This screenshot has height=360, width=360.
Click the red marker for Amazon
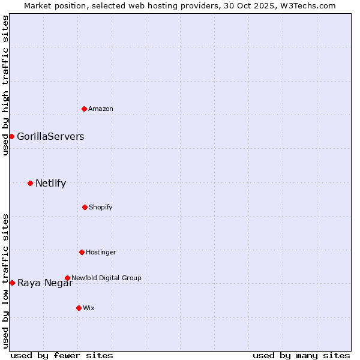84,109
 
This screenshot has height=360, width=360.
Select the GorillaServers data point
11,136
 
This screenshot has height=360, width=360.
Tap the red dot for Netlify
30,183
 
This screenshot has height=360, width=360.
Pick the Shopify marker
85,207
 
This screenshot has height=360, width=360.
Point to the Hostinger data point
82,252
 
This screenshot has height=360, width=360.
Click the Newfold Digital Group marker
67,278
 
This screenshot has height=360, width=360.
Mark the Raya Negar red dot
12,283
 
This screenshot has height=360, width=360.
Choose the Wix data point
79,308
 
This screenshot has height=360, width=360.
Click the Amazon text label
101,109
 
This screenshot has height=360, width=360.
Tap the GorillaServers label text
50,136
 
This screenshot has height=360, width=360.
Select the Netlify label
50,183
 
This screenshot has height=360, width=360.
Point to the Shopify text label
101,207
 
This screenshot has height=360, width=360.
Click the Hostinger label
101,252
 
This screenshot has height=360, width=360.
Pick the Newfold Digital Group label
106,278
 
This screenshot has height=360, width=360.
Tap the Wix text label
89,308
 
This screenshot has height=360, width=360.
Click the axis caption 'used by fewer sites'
62,355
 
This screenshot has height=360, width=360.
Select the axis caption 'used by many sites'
301,355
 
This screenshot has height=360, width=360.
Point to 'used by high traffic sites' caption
5,85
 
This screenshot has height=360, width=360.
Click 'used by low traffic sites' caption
5,281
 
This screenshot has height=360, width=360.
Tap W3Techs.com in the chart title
307,5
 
